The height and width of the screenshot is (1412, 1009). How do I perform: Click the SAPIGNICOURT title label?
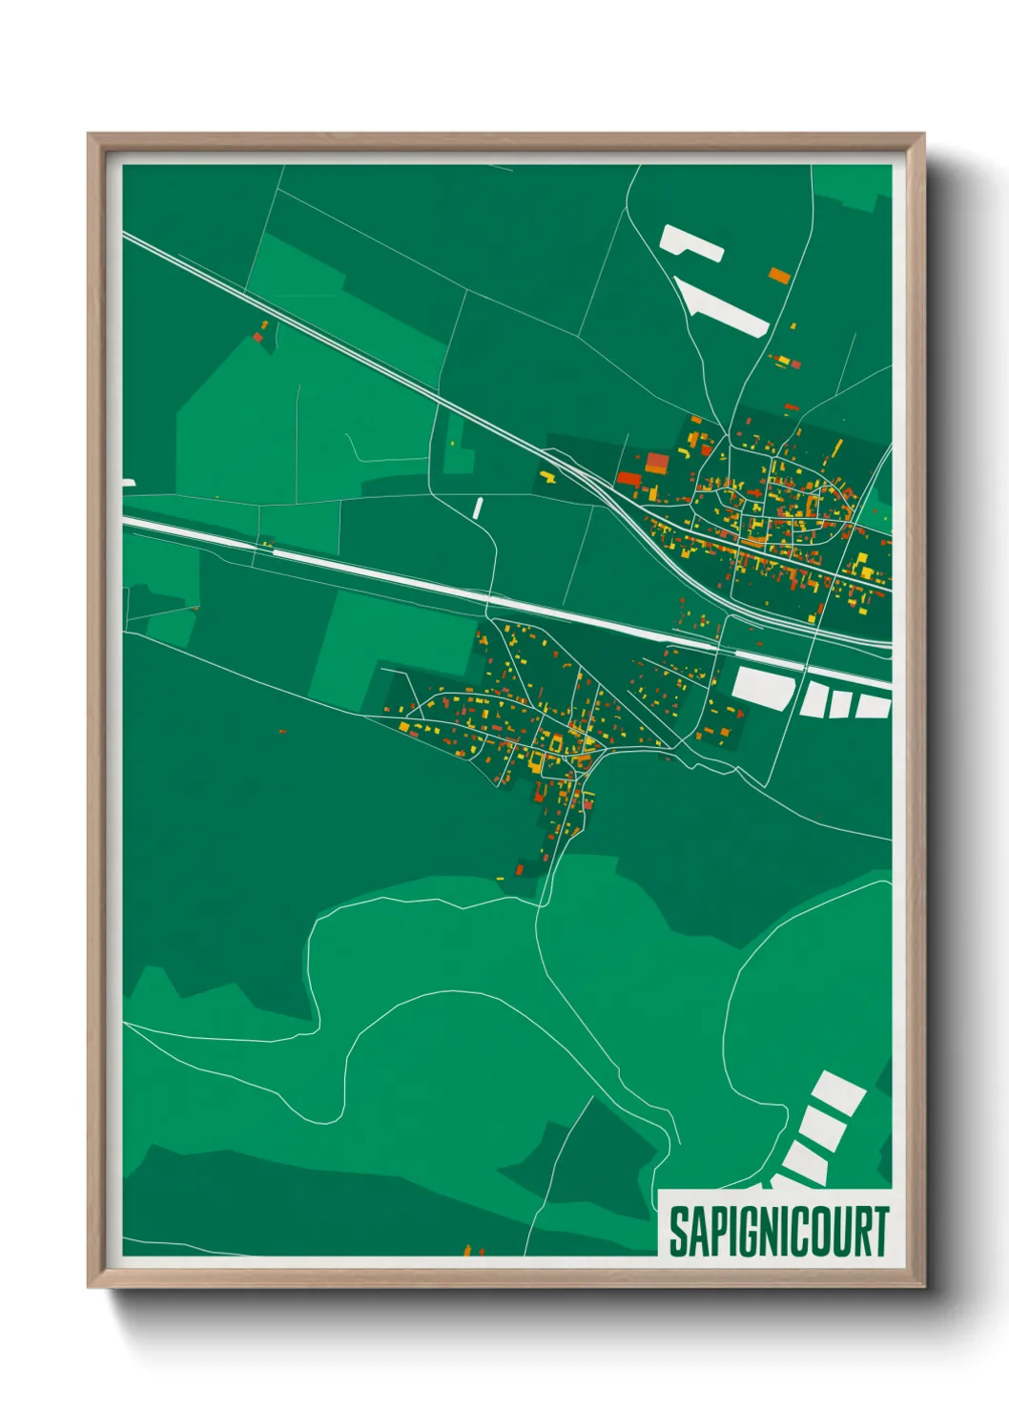point(777,1232)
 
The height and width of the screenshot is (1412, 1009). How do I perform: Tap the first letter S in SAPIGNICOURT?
point(677,1232)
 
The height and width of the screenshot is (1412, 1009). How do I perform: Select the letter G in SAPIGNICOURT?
point(750,1232)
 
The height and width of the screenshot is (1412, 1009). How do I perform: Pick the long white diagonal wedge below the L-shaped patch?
point(723,304)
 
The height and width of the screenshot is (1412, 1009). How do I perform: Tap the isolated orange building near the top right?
point(780,276)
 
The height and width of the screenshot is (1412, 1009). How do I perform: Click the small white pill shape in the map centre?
point(478,508)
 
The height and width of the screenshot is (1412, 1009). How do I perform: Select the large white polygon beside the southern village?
point(761,687)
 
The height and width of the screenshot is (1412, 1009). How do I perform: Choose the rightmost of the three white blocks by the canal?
point(873,706)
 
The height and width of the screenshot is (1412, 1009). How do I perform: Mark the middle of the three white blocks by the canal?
point(840,704)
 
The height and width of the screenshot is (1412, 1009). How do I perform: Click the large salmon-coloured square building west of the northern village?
point(658,463)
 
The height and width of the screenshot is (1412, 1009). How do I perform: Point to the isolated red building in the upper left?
point(257,337)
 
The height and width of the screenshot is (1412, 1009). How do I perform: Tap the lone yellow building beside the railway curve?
point(547,474)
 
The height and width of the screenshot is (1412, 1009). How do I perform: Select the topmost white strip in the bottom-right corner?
point(839,1093)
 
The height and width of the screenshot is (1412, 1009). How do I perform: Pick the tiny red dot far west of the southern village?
point(282,732)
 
